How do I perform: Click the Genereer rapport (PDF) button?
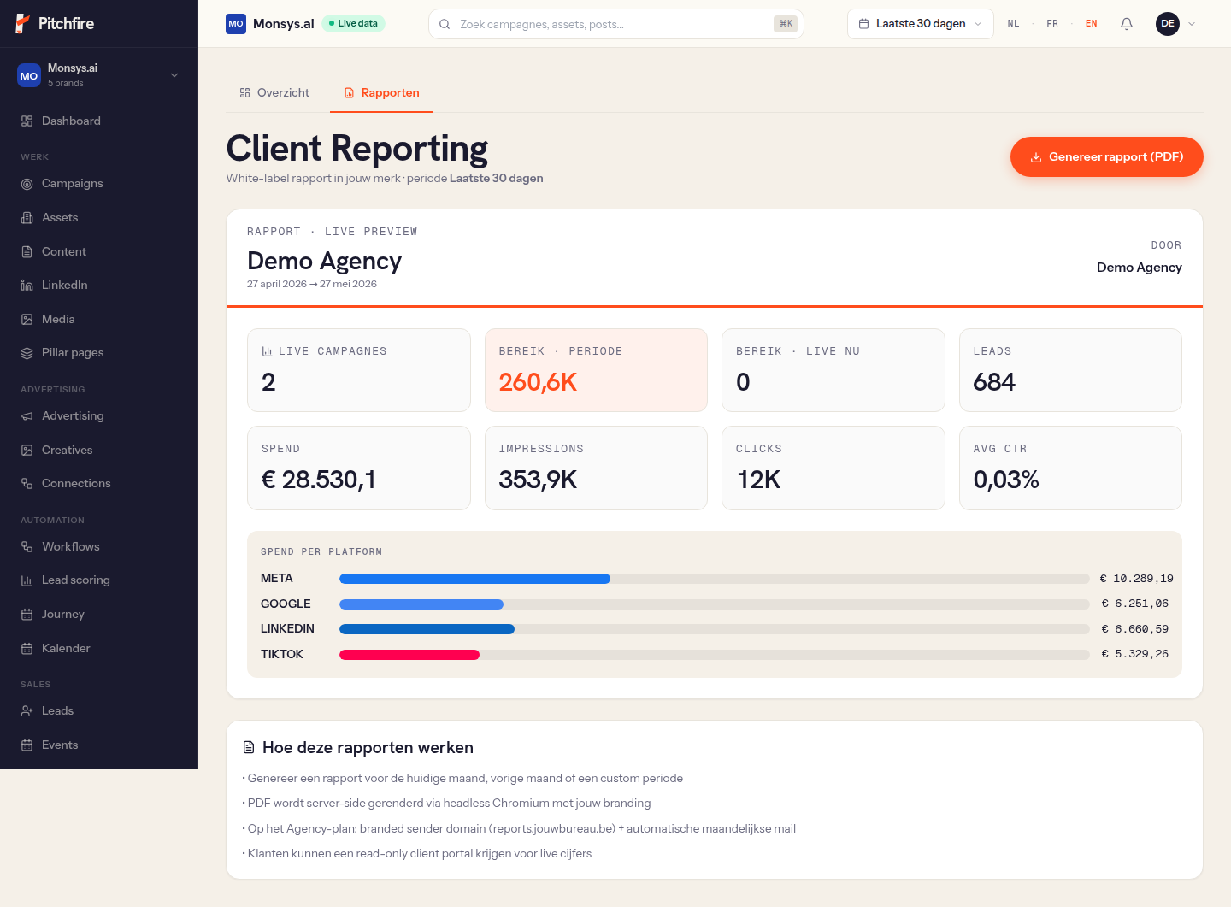click(1106, 156)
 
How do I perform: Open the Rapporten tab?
click(381, 93)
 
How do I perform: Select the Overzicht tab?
click(274, 93)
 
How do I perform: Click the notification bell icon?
click(1126, 24)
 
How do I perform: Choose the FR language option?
click(1051, 24)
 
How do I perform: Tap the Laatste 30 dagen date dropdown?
click(920, 24)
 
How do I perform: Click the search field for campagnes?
click(615, 24)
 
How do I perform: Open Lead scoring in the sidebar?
click(76, 580)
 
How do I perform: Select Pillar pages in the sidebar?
click(73, 352)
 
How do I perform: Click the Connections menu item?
click(76, 483)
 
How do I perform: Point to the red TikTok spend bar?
click(409, 654)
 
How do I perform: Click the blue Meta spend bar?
click(474, 578)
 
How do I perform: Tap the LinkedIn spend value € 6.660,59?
click(1135, 629)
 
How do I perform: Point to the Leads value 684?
click(994, 382)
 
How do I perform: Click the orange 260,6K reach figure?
click(538, 382)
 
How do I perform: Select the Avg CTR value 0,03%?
click(1006, 480)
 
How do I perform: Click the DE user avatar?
click(1167, 24)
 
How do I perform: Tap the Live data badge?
click(353, 23)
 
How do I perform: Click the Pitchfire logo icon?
click(22, 24)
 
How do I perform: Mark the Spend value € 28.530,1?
click(318, 480)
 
